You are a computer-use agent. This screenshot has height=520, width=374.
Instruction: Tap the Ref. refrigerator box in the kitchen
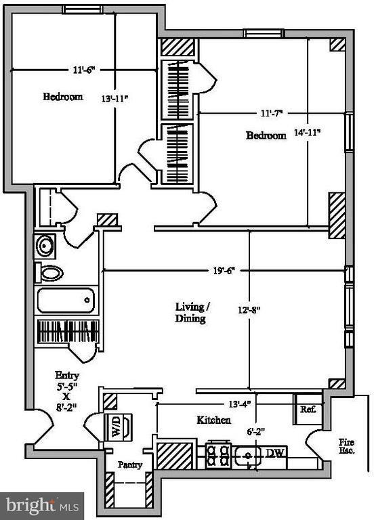pyautogui.click(x=308, y=410)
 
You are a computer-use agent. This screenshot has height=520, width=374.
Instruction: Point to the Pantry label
pyautogui.click(x=129, y=465)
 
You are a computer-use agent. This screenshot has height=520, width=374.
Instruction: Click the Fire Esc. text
pyautogui.click(x=346, y=446)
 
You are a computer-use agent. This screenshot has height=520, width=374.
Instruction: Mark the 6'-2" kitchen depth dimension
pyautogui.click(x=254, y=431)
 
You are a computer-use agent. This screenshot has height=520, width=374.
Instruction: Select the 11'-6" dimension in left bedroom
pyautogui.click(x=85, y=69)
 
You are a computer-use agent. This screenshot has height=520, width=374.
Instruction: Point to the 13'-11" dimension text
pyautogui.click(x=114, y=99)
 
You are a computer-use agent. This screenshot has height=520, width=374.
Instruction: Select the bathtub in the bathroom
pyautogui.click(x=66, y=299)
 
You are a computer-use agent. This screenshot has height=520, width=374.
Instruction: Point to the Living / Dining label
pyautogui.click(x=192, y=312)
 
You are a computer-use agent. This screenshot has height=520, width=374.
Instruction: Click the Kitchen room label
pyautogui.click(x=213, y=420)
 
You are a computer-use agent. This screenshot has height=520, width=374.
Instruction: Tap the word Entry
pyautogui.click(x=68, y=375)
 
